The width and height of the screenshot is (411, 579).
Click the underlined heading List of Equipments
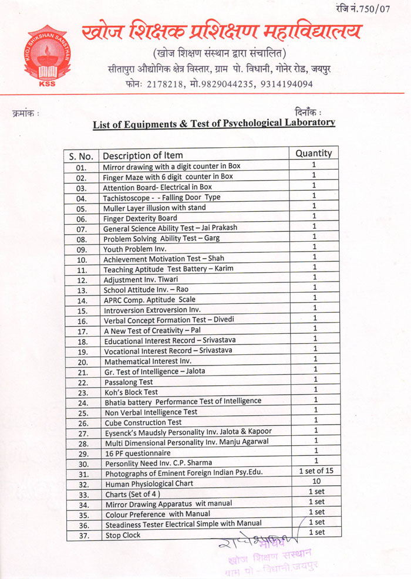pyautogui.click(x=214, y=123)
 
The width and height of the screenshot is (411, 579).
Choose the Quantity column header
pyautogui.click(x=314, y=153)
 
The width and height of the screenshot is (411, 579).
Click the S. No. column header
pyautogui.click(x=81, y=156)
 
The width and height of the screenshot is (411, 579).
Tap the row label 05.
pyautogui.click(x=81, y=208)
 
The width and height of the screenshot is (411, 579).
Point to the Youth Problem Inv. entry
pyautogui.click(x=131, y=249)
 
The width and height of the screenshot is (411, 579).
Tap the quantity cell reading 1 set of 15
pyautogui.click(x=316, y=471)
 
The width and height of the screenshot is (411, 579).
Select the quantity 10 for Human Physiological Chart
pyautogui.click(x=316, y=481)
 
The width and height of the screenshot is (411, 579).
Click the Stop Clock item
pyautogui.click(x=122, y=536)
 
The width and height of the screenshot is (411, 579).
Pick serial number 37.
pyautogui.click(x=82, y=536)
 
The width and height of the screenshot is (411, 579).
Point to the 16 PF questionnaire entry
pyautogui.click(x=137, y=453)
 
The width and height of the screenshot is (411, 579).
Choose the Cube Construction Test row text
pyautogui.click(x=143, y=422)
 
